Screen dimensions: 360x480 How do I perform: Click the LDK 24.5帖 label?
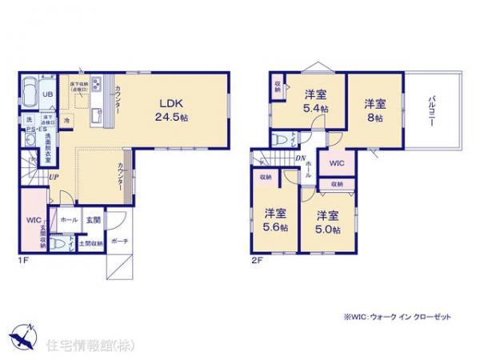172,110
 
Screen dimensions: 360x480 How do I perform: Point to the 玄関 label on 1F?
93,218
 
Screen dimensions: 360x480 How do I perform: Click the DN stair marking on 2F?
298,158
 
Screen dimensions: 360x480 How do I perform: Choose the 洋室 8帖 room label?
376,110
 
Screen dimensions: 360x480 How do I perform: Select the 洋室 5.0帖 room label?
326,222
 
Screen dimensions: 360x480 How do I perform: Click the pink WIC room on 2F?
337,162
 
